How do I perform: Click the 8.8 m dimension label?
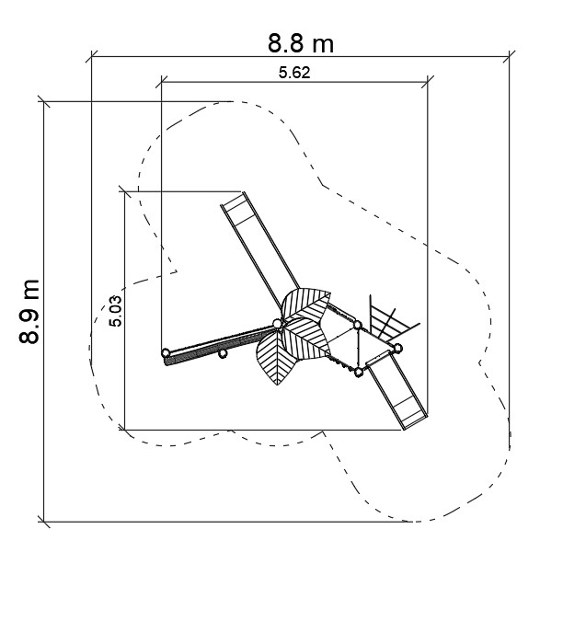301,43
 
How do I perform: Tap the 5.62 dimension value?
294,73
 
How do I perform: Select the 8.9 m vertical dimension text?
29,311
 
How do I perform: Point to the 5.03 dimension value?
116,311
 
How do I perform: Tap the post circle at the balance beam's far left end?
166,352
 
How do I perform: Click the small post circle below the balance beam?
223,353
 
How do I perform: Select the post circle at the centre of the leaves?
278,324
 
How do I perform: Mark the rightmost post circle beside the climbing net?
398,348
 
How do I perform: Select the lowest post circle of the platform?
358,372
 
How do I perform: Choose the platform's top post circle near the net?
357,326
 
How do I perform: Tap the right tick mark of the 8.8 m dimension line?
509,57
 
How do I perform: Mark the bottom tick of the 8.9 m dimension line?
43,522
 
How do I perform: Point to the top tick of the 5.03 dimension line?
125,191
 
